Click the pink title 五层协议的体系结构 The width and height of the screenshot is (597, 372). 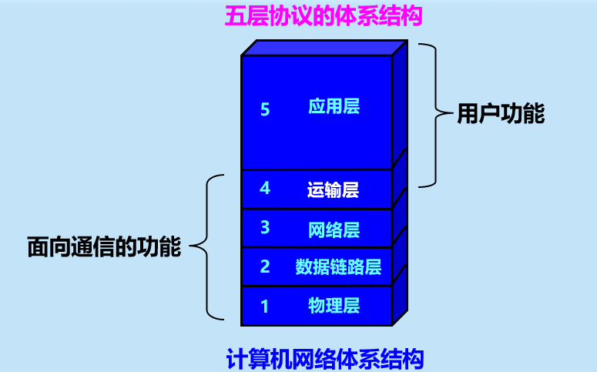[324, 15]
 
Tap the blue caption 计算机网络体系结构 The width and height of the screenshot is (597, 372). [325, 359]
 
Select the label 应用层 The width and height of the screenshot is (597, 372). [334, 107]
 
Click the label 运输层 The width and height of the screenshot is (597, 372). [333, 189]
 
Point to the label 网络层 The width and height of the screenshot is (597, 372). [334, 229]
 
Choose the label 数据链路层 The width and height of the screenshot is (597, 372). [338, 267]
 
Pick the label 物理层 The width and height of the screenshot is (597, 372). [334, 305]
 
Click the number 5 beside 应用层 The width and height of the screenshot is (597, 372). [265, 109]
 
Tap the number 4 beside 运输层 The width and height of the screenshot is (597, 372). [265, 188]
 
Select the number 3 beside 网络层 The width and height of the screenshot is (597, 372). [265, 227]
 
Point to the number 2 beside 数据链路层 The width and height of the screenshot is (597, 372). [265, 267]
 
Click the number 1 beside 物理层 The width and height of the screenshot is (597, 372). [265, 307]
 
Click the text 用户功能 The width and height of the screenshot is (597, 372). [501, 115]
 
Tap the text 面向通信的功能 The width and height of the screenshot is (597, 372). [104, 247]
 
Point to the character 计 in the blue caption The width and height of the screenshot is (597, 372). [236, 359]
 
